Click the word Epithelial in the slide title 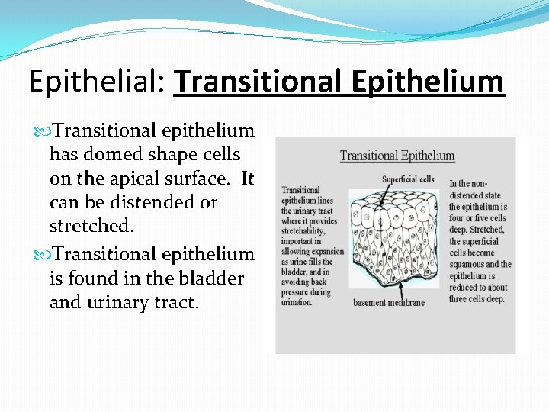(x=95, y=82)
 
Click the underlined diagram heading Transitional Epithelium (x=396, y=156)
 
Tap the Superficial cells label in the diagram (x=408, y=180)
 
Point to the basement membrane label (x=389, y=303)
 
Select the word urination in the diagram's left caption (x=297, y=302)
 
